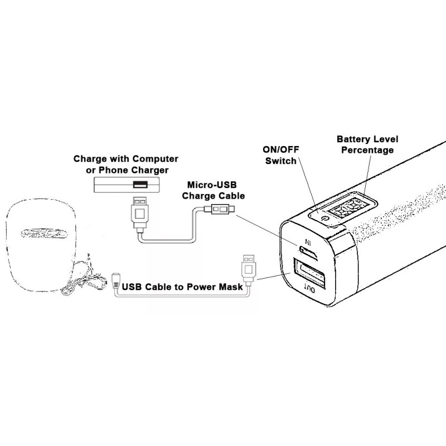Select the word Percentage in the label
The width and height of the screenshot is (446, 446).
tap(368, 150)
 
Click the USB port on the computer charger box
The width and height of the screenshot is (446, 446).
tap(139, 185)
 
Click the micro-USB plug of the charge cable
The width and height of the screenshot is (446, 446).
tap(221, 210)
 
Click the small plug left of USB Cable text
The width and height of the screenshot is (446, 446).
tap(116, 280)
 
